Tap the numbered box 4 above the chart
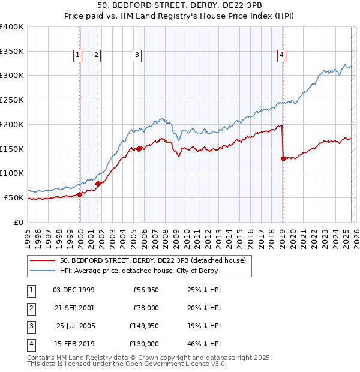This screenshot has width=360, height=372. (x=281, y=55)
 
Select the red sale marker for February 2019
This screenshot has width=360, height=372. (x=283, y=158)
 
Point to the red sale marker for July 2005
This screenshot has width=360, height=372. (x=139, y=149)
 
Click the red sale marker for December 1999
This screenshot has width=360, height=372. (x=79, y=194)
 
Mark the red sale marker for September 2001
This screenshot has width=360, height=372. (x=98, y=184)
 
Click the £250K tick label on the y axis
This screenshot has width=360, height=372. (x=12, y=100)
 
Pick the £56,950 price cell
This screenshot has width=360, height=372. (x=144, y=290)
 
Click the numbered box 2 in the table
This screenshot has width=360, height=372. (x=30, y=308)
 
